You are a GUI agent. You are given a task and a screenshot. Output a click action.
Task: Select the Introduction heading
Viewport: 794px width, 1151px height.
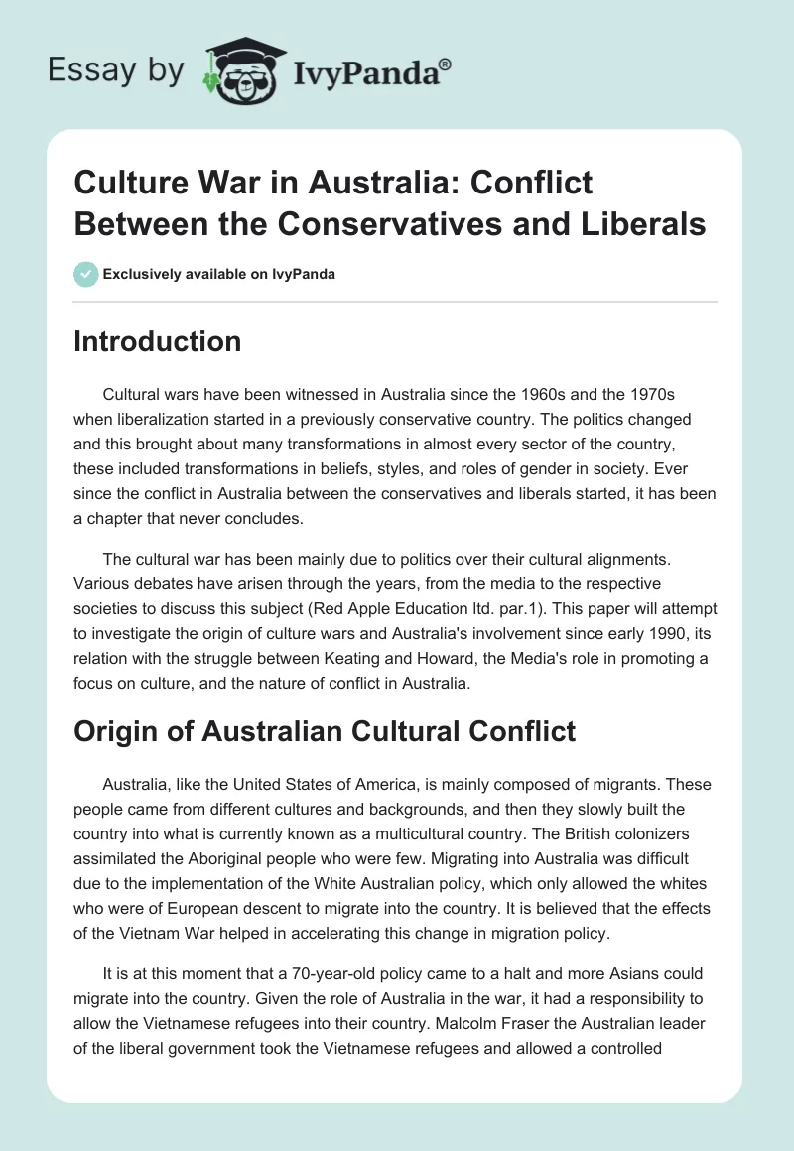158,341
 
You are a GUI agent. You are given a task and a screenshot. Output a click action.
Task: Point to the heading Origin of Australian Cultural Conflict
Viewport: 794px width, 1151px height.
325,731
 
